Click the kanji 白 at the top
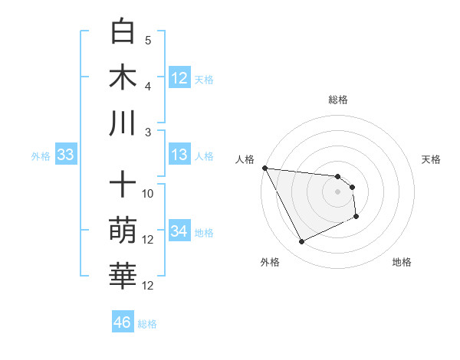(x=123, y=32)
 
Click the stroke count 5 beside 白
(x=148, y=41)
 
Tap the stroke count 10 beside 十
(x=148, y=194)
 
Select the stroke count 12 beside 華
(x=148, y=286)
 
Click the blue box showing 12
(x=179, y=78)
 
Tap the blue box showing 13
(x=179, y=155)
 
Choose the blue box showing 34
(x=179, y=231)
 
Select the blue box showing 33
(x=65, y=155)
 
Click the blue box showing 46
(x=122, y=322)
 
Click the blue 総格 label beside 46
(x=147, y=324)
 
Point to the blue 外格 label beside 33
(x=41, y=156)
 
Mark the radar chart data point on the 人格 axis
(x=264, y=168)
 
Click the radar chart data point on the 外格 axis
(x=301, y=242)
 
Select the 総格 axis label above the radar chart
(x=338, y=100)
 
